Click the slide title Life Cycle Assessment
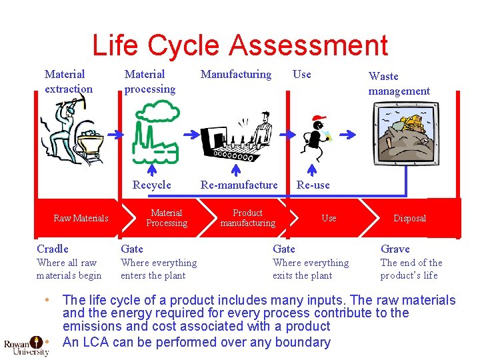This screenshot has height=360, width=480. [x=239, y=45]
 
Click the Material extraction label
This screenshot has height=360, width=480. [x=68, y=81]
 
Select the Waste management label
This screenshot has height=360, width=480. [x=399, y=83]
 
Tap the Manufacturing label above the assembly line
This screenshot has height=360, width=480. [x=236, y=74]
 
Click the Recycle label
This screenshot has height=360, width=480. [x=151, y=185]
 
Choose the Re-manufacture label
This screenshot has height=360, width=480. [x=239, y=185]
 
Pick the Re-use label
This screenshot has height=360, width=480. [x=313, y=185]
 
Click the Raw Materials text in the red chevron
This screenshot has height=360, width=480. [x=81, y=218]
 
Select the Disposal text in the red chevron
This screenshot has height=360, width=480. [x=409, y=218]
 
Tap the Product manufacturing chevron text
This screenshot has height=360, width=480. [x=247, y=218]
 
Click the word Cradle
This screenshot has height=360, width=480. [x=52, y=249]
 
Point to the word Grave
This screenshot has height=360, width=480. [x=395, y=249]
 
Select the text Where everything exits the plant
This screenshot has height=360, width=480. [x=311, y=269]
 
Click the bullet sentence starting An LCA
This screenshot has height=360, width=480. [x=196, y=343]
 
